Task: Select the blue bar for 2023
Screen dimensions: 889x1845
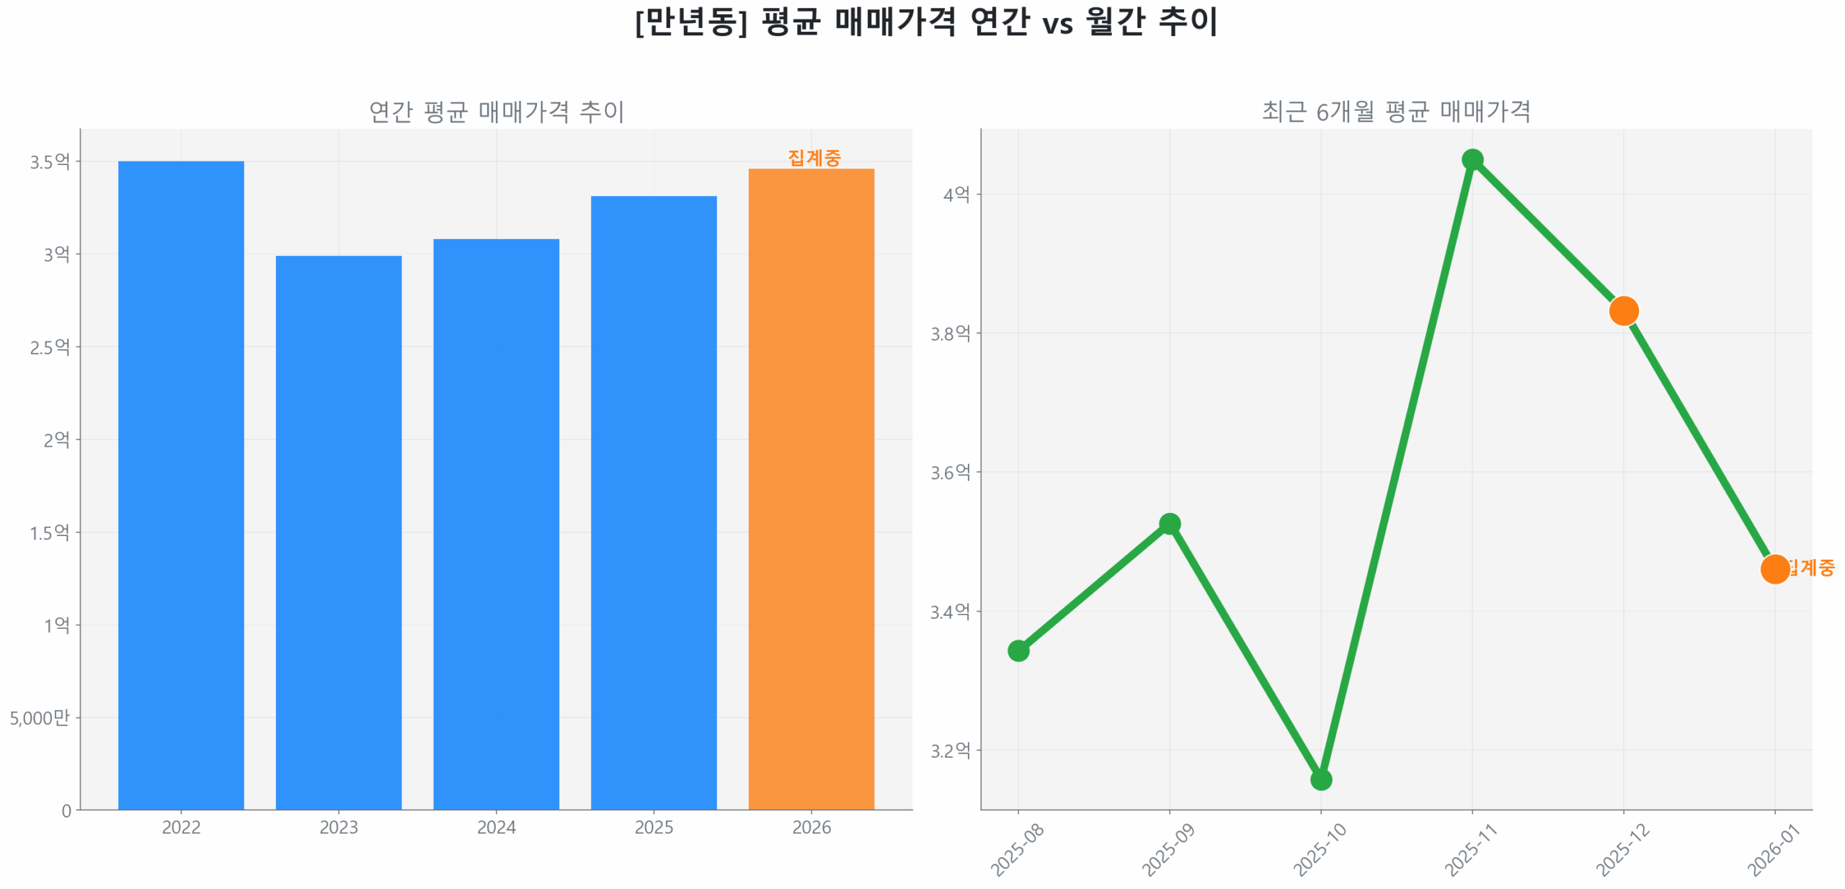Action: click(x=339, y=532)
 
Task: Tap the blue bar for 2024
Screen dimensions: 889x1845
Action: click(x=496, y=524)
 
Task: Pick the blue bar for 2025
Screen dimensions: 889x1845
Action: click(x=654, y=502)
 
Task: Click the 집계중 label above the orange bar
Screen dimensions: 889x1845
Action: click(x=814, y=158)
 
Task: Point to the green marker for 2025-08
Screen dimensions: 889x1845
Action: click(x=1018, y=651)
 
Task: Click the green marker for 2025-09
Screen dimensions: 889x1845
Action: click(x=1169, y=524)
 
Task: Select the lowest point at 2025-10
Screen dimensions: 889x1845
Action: click(x=1320, y=779)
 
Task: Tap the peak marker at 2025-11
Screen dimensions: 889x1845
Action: click(x=1472, y=159)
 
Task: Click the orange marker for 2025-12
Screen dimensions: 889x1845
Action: click(x=1623, y=311)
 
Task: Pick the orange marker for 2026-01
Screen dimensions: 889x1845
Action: click(x=1774, y=569)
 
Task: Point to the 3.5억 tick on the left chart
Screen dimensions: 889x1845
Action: click(x=50, y=161)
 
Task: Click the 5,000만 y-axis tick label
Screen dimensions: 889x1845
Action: click(x=40, y=718)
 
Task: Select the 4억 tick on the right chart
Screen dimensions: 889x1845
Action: click(x=956, y=195)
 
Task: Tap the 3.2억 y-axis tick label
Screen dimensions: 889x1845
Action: click(x=950, y=751)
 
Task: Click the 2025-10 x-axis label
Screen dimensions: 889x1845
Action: click(x=1319, y=850)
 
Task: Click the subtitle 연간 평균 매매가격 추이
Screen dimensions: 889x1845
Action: click(x=496, y=112)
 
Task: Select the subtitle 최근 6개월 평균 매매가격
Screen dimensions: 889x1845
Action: click(x=1395, y=112)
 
